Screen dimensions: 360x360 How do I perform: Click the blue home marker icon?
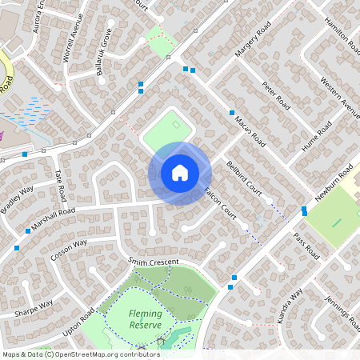(180, 173)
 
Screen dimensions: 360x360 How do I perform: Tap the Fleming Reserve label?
(145, 319)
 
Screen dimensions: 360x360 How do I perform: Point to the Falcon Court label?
(222, 205)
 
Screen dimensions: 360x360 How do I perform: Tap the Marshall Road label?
(55, 217)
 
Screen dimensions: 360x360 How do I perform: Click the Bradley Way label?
(18, 200)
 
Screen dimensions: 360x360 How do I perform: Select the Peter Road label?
(276, 95)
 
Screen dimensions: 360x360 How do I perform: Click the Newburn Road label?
(334, 186)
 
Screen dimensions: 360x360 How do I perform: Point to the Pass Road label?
(306, 246)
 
